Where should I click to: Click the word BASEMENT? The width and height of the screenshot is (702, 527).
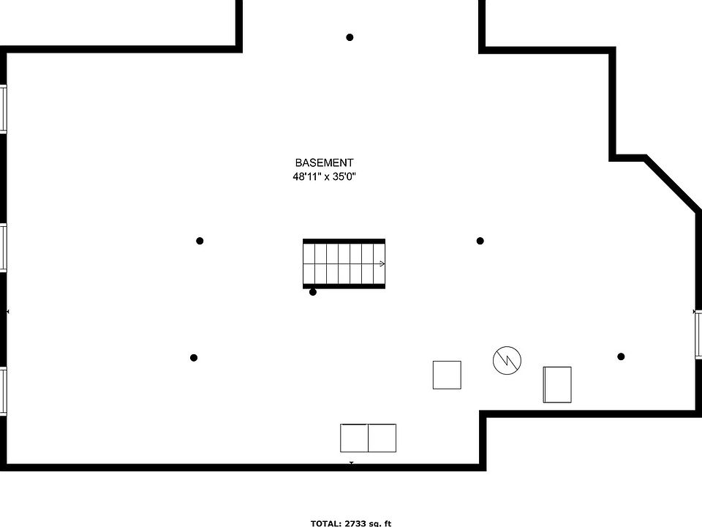tap(324, 162)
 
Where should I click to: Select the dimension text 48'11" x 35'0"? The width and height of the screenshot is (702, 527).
tap(324, 176)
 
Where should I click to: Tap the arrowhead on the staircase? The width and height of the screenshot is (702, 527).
tap(382, 263)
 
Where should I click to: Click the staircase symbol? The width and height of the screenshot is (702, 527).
tap(344, 263)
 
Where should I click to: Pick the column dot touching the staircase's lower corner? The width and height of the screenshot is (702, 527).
tap(313, 292)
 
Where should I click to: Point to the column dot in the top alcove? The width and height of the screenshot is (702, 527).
tap(350, 37)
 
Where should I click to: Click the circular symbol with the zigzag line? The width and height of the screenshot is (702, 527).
tap(507, 360)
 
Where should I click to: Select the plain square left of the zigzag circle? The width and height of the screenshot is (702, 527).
tap(447, 375)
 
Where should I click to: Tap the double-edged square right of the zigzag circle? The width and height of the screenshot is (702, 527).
tap(557, 384)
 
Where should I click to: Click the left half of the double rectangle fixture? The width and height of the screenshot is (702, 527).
tap(354, 438)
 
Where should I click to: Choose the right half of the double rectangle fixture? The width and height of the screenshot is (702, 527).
tap(382, 438)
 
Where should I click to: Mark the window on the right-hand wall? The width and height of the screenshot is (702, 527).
tap(698, 334)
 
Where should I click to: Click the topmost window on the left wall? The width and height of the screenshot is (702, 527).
tap(3, 108)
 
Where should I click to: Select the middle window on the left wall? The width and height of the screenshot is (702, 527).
tap(3, 248)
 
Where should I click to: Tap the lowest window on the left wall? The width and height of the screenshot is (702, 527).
tap(3, 392)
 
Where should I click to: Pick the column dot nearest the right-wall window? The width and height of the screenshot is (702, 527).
tap(621, 356)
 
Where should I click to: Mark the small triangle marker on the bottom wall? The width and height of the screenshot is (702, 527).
tap(351, 463)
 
